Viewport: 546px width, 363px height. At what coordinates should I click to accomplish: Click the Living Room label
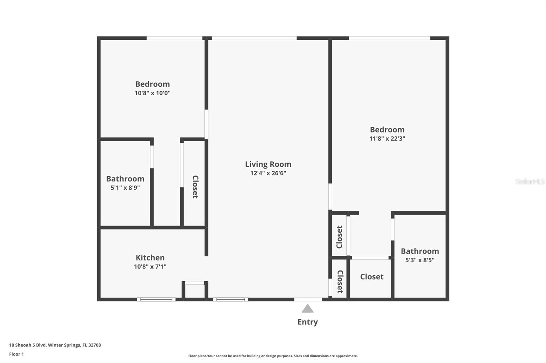pyautogui.click(x=268, y=164)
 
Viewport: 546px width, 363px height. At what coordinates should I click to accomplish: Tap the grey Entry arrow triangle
pyautogui.click(x=307, y=309)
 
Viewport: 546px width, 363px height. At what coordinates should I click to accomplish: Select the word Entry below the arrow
pyautogui.click(x=307, y=322)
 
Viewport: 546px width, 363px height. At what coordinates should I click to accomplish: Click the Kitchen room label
pyautogui.click(x=150, y=258)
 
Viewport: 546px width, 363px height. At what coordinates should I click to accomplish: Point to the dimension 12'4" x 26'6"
pyautogui.click(x=268, y=173)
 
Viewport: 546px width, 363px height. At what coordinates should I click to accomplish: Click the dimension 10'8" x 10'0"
pyautogui.click(x=152, y=93)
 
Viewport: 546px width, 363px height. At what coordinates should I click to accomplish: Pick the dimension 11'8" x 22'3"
pyautogui.click(x=387, y=139)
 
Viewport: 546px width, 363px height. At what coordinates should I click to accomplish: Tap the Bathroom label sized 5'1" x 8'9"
pyautogui.click(x=125, y=179)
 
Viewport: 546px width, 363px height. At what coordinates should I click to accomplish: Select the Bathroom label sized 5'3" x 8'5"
pyautogui.click(x=420, y=251)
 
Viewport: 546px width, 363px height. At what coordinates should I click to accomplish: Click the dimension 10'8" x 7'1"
pyautogui.click(x=150, y=267)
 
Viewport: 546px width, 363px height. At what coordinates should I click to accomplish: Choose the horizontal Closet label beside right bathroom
pyautogui.click(x=372, y=277)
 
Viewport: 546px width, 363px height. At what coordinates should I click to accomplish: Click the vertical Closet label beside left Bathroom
pyautogui.click(x=195, y=187)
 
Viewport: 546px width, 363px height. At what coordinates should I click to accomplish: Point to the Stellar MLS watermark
pyautogui.click(x=530, y=181)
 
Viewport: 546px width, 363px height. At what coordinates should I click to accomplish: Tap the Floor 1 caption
pyautogui.click(x=16, y=354)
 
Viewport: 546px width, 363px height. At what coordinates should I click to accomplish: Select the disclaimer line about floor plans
pyautogui.click(x=273, y=356)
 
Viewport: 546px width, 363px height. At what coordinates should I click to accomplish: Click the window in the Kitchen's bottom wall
pyautogui.click(x=156, y=300)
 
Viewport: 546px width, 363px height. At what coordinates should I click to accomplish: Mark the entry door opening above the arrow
pyautogui.click(x=308, y=300)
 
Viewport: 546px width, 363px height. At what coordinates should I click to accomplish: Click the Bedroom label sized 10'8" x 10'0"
pyautogui.click(x=152, y=84)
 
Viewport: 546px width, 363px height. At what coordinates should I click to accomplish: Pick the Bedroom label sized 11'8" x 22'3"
pyautogui.click(x=387, y=130)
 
